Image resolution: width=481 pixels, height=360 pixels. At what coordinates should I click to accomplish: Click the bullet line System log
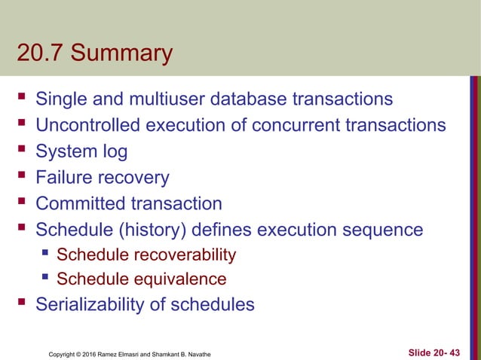[81, 151]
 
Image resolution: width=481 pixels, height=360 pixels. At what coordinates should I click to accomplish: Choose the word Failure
[67, 178]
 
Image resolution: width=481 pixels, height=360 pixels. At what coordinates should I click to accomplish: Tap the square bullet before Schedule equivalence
[45, 278]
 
